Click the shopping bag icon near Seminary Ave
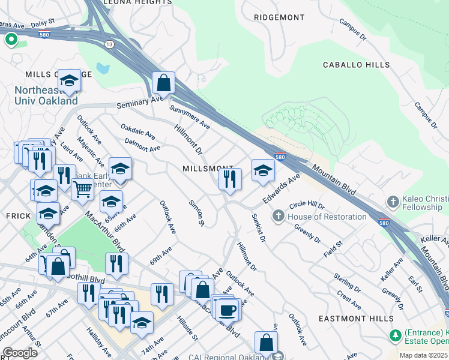point(163,83)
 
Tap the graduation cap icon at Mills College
point(70,81)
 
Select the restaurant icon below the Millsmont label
point(230,178)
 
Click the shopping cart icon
point(82,190)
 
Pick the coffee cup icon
point(228,310)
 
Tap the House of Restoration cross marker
point(279,216)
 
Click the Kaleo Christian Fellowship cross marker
point(393,202)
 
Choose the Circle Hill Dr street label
point(307,206)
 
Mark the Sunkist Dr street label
point(258,228)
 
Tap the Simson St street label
point(197,213)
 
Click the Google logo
point(20,352)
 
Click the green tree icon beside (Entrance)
point(395,335)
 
